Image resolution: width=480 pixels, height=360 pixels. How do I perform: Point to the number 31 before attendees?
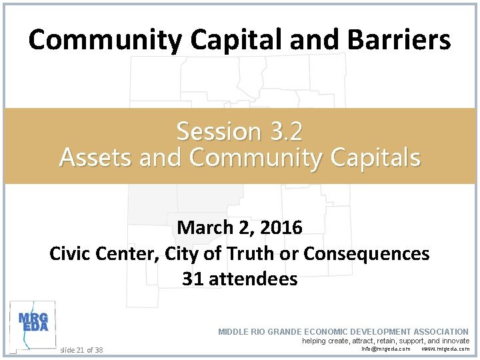click(x=193, y=279)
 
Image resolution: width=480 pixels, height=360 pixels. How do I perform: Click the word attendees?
click(x=253, y=279)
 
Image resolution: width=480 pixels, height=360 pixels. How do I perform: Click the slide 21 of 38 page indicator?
click(x=81, y=349)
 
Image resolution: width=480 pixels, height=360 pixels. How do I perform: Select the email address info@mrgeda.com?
click(x=386, y=349)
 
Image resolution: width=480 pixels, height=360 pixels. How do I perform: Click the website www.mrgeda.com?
click(x=445, y=349)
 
